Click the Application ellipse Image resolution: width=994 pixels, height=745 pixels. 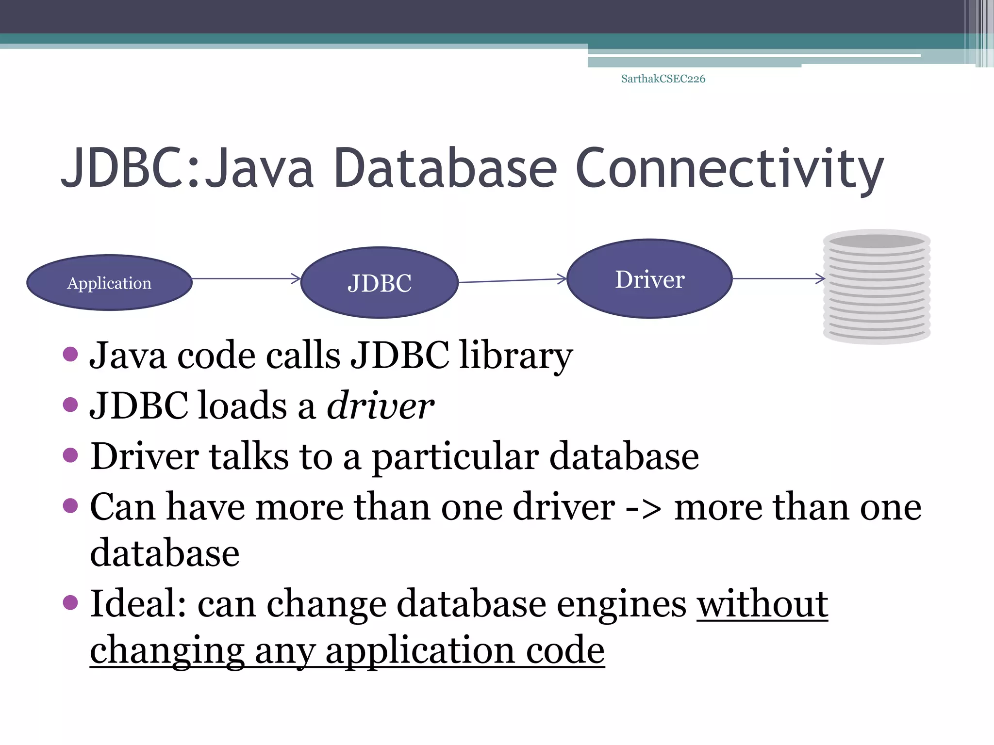click(x=109, y=283)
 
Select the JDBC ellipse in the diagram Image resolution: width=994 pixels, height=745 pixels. click(x=379, y=283)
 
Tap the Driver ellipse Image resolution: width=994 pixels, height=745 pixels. click(x=649, y=279)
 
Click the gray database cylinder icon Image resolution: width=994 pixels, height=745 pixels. click(x=877, y=287)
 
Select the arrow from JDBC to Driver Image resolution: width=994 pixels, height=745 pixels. click(x=512, y=280)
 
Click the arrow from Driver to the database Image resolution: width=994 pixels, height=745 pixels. click(x=778, y=279)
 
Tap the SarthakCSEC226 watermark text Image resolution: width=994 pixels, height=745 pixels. click(x=663, y=79)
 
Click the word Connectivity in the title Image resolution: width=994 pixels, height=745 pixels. click(x=729, y=168)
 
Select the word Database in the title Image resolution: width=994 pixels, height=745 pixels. click(x=445, y=168)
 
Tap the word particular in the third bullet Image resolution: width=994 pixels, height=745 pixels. click(x=455, y=456)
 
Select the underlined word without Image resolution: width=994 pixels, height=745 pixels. click(x=762, y=604)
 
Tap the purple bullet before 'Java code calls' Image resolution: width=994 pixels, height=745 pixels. click(x=70, y=354)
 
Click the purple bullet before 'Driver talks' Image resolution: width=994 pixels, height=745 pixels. click(x=70, y=455)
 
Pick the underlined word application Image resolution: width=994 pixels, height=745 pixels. click(x=420, y=651)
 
